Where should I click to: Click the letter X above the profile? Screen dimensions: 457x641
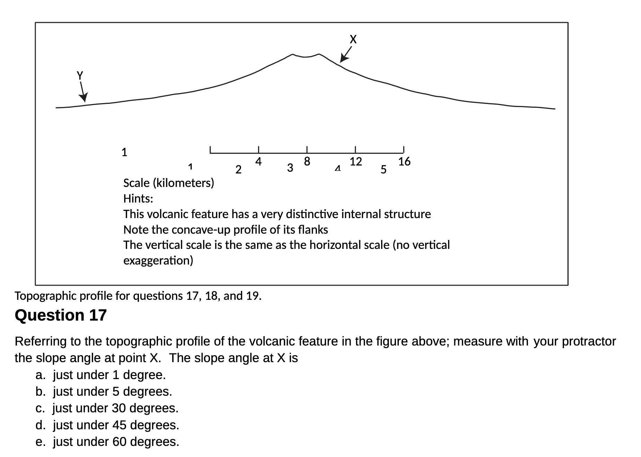353,39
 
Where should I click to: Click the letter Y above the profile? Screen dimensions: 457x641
80,75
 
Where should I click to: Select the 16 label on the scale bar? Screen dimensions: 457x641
404,162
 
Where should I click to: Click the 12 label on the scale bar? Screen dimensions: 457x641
355,162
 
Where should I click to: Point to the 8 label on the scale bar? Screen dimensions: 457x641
307,162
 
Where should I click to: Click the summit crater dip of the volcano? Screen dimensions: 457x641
305,57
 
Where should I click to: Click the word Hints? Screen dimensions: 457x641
138,199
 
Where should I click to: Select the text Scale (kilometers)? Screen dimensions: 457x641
168,183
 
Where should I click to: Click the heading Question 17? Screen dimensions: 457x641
61,315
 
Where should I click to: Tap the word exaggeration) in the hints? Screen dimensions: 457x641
158,260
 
